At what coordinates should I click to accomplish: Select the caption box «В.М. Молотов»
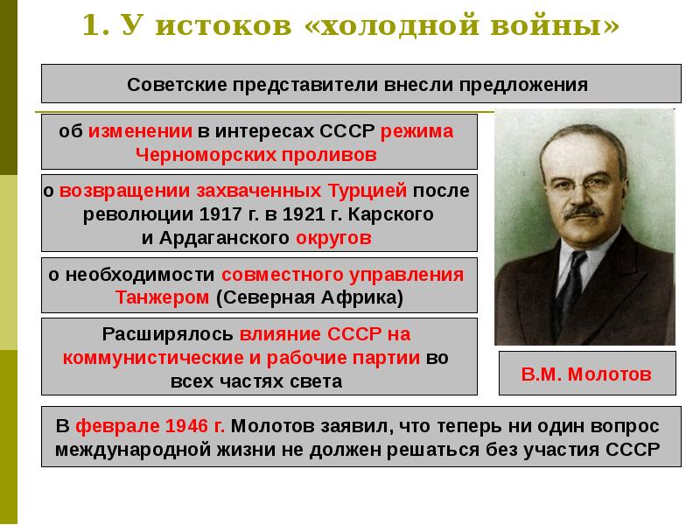point(586,374)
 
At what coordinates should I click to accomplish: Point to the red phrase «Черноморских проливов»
point(255,155)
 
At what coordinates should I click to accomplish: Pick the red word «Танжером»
point(162,297)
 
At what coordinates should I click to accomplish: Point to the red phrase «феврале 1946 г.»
point(150,426)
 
